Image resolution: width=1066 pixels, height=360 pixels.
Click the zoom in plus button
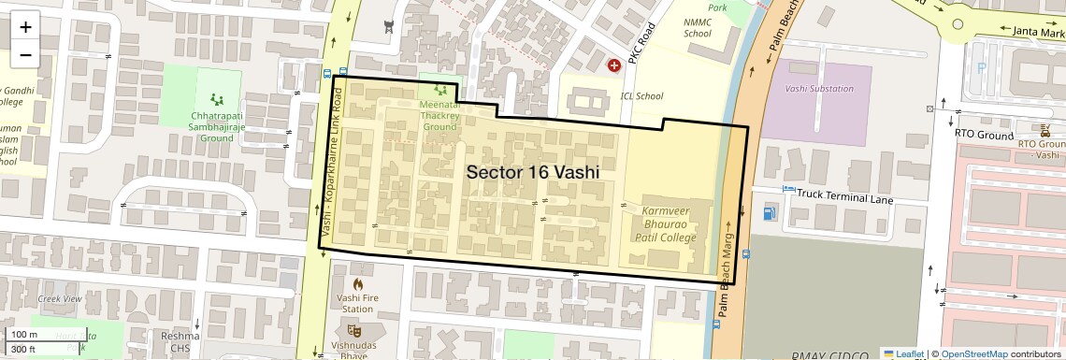coord(25,27)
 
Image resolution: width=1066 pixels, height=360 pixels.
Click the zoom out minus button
coord(25,55)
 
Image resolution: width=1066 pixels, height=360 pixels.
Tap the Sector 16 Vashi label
coord(532,173)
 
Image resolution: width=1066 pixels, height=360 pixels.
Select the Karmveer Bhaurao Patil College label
coord(669,225)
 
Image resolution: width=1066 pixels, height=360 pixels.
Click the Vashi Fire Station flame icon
coord(356,284)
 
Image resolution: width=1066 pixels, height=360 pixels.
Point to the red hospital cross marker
coord(614,65)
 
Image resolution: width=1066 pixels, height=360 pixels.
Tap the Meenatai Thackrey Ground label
coord(439,116)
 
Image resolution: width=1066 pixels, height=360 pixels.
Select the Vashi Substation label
coord(819,89)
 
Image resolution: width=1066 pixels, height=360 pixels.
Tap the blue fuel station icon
coord(770,213)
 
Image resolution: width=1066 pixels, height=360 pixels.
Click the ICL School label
coord(641,96)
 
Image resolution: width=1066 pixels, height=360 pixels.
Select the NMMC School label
coord(697,27)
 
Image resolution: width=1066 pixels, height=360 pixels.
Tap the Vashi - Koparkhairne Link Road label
coord(333,159)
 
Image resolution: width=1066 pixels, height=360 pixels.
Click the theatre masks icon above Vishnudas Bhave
coord(354,329)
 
